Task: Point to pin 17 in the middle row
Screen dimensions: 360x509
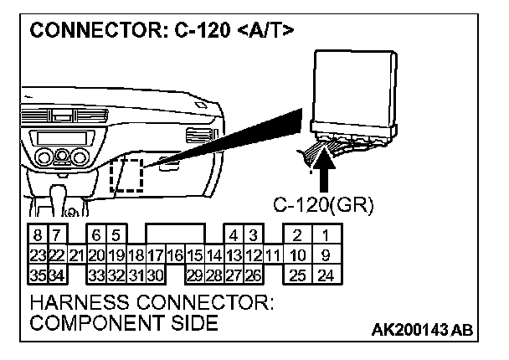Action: click(154, 255)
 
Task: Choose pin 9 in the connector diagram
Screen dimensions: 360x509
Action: click(326, 255)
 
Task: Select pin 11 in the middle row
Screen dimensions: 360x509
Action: click(271, 255)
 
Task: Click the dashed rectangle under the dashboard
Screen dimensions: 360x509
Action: click(126, 174)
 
